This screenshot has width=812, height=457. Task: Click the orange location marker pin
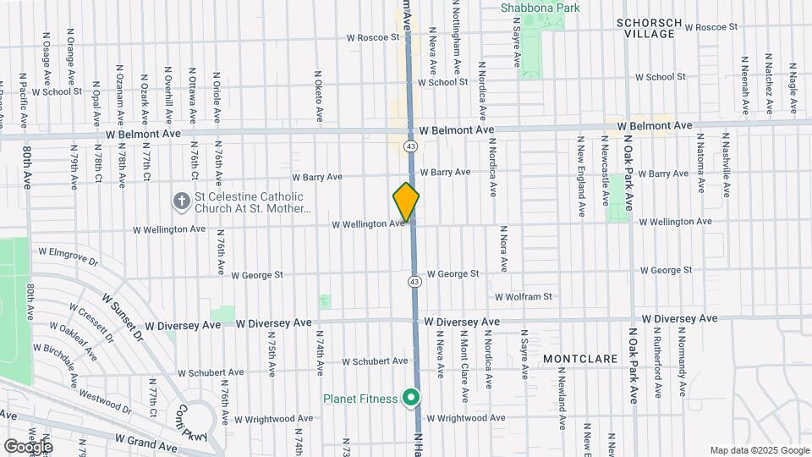(x=406, y=201)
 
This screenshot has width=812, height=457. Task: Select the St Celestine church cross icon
(x=180, y=201)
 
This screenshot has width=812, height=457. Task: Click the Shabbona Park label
(x=540, y=8)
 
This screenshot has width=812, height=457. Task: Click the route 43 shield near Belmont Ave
(x=410, y=146)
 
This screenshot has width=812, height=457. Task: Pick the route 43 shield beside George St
(x=414, y=281)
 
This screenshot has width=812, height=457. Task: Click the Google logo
(x=27, y=446)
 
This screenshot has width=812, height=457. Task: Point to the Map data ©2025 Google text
(x=759, y=450)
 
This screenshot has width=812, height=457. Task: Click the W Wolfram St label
(x=524, y=297)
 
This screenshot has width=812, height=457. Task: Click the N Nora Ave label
(x=503, y=248)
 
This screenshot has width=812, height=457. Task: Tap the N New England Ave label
(x=582, y=177)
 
